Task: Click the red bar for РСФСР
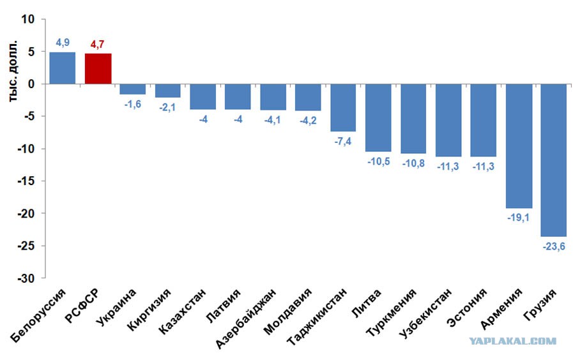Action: (98, 69)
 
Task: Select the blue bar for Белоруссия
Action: (63, 68)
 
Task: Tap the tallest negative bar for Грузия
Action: (554, 160)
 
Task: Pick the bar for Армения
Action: (519, 146)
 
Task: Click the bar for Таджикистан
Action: (343, 108)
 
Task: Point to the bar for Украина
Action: (133, 89)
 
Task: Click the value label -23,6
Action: (554, 246)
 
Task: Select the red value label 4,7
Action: (98, 44)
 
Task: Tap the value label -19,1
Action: (518, 218)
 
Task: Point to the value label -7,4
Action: (343, 141)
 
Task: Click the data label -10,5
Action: (379, 161)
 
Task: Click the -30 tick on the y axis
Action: (26, 278)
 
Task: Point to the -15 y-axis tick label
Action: (26, 181)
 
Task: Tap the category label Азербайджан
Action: (245, 318)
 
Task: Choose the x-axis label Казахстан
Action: (183, 311)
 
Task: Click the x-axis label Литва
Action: (366, 303)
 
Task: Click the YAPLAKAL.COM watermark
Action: (513, 341)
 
